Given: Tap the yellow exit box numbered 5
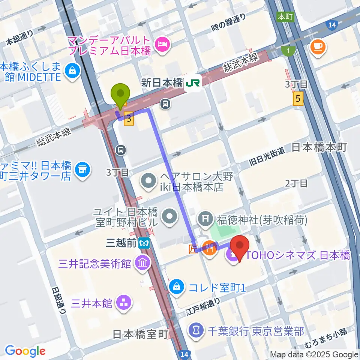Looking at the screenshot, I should click(x=298, y=99).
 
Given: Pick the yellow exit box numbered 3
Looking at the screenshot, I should click(x=129, y=120).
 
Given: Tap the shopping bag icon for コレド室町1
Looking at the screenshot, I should click(x=176, y=288).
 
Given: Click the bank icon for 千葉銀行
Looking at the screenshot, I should click(x=195, y=330).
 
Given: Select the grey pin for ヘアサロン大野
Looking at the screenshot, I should click(x=148, y=181).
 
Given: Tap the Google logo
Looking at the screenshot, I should click(x=25, y=351).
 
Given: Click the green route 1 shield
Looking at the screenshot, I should click(x=288, y=50).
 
